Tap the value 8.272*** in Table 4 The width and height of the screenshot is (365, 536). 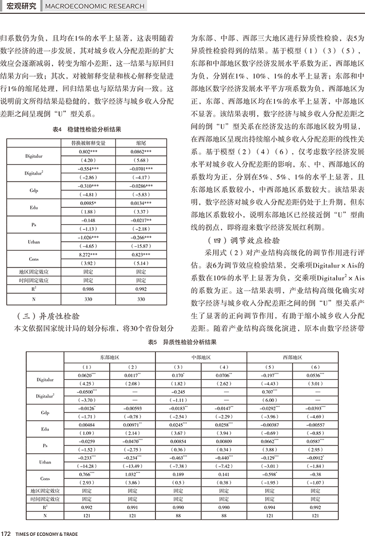click(x=84, y=254)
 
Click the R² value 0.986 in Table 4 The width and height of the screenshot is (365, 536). click(x=84, y=290)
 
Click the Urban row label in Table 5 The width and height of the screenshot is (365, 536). click(x=45, y=462)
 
